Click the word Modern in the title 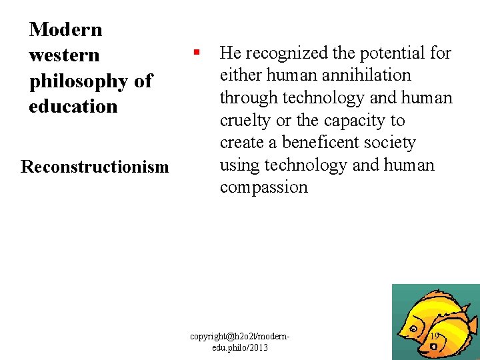point(65,29)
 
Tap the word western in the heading point(64,55)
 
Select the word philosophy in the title point(79,81)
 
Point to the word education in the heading point(73,106)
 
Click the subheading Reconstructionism point(95,166)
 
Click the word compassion point(264,187)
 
